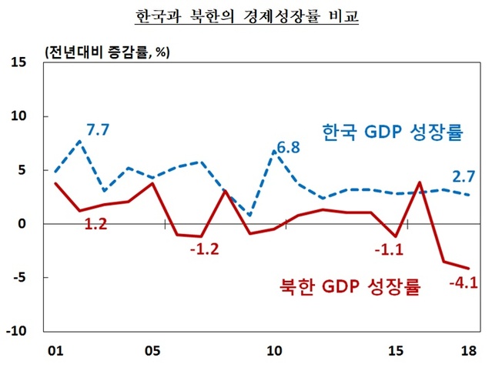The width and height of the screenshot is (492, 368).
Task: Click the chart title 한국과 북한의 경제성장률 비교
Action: (x=247, y=16)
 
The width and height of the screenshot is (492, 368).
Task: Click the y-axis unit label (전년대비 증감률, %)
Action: (x=107, y=52)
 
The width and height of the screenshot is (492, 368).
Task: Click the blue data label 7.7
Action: (x=98, y=129)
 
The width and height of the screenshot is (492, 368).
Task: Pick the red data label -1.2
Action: (x=204, y=252)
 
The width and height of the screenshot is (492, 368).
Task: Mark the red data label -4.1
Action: (x=464, y=282)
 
